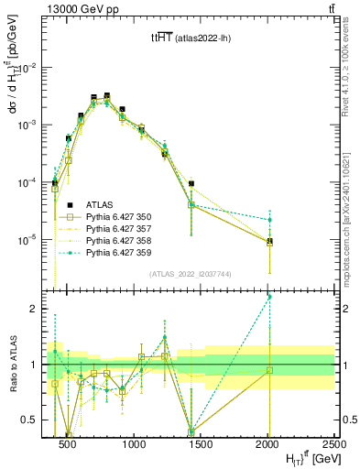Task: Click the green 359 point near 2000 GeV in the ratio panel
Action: (269, 297)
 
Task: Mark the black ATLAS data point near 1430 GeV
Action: (191, 183)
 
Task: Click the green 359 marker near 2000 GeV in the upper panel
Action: (269, 220)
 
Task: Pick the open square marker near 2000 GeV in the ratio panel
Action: (269, 370)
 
